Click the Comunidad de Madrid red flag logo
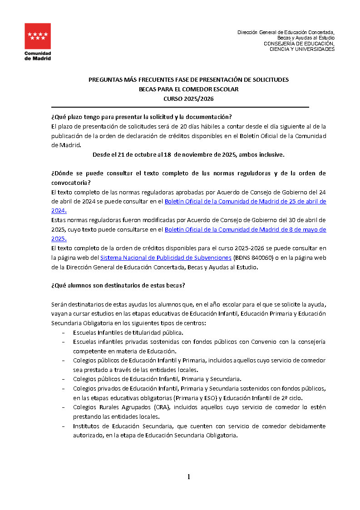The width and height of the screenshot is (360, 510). pos(38,36)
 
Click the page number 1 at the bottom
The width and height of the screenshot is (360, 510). pos(188,476)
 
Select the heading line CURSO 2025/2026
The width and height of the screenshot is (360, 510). pos(188,99)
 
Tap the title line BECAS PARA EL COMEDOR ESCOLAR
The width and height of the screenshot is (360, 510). pos(188,89)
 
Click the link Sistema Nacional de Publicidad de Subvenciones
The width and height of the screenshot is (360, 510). pos(166,257)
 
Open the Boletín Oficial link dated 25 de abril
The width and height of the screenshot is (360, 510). pos(245,201)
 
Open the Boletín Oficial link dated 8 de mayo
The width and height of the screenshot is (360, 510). pos(245,230)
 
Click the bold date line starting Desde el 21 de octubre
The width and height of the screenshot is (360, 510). pos(188,154)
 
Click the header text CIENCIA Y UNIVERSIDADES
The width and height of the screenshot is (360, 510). pos(302,49)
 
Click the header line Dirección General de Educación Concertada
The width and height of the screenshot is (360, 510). pos(286,32)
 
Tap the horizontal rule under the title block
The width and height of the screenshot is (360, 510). pos(180,107)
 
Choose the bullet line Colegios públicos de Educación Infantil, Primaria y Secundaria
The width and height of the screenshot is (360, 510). pos(157,379)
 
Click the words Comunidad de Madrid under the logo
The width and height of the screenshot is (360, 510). pos(38,56)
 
